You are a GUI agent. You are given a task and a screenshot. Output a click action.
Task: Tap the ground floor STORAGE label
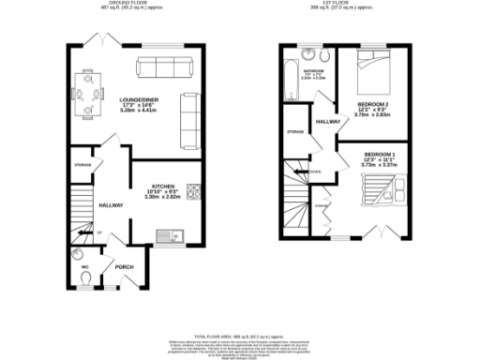click(82, 165)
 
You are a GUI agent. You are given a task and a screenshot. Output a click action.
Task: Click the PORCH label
click(124, 267)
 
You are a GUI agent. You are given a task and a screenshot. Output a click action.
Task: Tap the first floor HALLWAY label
click(328, 122)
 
